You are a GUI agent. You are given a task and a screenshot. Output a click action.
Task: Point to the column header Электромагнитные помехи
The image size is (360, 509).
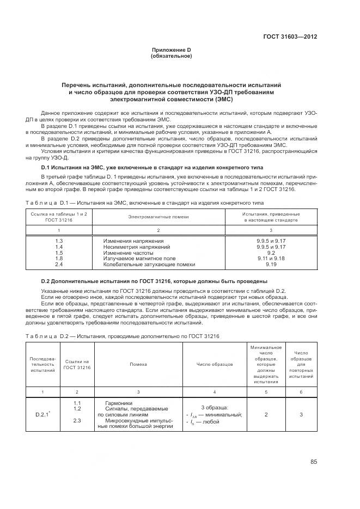(158, 217)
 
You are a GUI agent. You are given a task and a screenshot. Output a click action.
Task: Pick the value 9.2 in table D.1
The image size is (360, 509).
(271, 252)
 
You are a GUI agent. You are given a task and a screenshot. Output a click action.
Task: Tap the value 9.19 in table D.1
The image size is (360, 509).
(271, 264)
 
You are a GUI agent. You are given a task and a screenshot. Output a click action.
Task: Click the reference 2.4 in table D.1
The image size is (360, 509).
(59, 264)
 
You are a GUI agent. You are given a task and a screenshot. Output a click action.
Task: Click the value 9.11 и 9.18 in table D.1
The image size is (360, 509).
(271, 258)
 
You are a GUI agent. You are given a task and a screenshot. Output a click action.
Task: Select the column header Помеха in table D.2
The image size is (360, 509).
(138, 363)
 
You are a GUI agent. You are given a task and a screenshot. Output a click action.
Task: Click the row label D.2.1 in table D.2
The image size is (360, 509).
(43, 414)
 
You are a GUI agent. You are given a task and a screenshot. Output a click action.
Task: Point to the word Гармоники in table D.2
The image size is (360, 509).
(116, 403)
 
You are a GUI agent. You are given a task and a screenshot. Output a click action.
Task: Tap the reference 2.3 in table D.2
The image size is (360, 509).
(77, 420)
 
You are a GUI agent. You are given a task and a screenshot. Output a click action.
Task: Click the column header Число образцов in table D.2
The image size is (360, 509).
(215, 363)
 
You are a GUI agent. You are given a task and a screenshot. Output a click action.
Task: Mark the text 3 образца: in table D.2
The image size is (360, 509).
(215, 407)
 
